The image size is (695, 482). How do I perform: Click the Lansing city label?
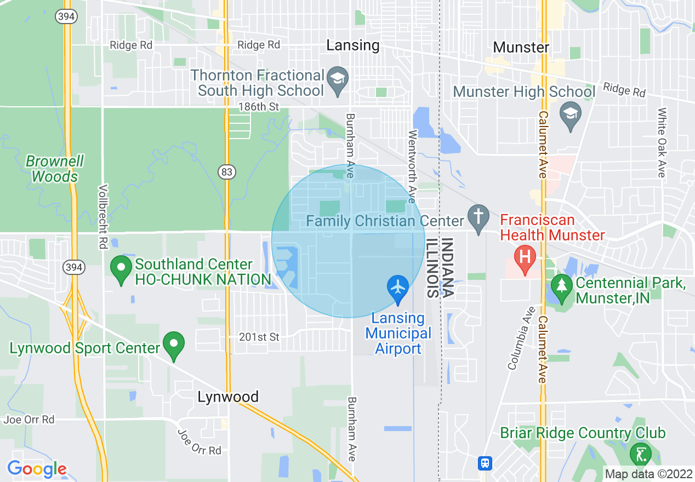[352, 45]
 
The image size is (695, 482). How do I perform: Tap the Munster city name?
[521, 47]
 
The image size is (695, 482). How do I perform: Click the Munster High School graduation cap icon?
[571, 114]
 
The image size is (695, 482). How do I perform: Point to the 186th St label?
[259, 106]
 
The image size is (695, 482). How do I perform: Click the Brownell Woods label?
[55, 169]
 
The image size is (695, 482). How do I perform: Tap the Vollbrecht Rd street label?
[102, 217]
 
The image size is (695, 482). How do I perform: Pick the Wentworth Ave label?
[412, 159]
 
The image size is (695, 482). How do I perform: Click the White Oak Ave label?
[662, 142]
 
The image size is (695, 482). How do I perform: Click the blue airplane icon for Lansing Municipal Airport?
[397, 287]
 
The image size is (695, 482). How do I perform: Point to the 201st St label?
[259, 337]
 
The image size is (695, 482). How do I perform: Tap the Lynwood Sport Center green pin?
[174, 345]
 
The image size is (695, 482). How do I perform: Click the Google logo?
[37, 469]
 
